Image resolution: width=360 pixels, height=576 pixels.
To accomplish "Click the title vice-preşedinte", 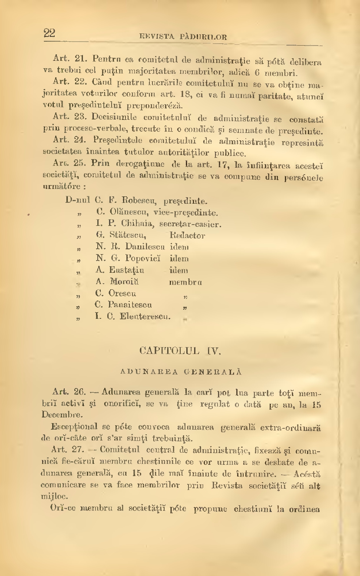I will (188, 213).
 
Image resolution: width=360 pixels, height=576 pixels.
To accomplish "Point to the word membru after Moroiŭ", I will (185, 282).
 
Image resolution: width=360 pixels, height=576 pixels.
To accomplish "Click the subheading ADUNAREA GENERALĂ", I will (181, 372).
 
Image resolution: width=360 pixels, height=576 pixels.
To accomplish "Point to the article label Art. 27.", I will (64, 449).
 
